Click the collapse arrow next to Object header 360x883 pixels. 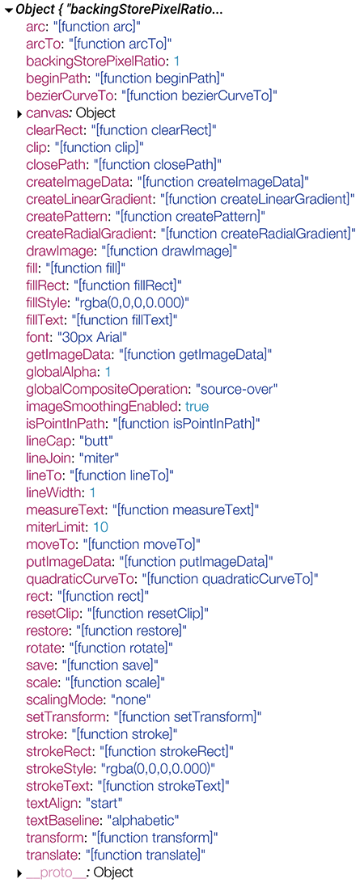[x=9, y=11]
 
